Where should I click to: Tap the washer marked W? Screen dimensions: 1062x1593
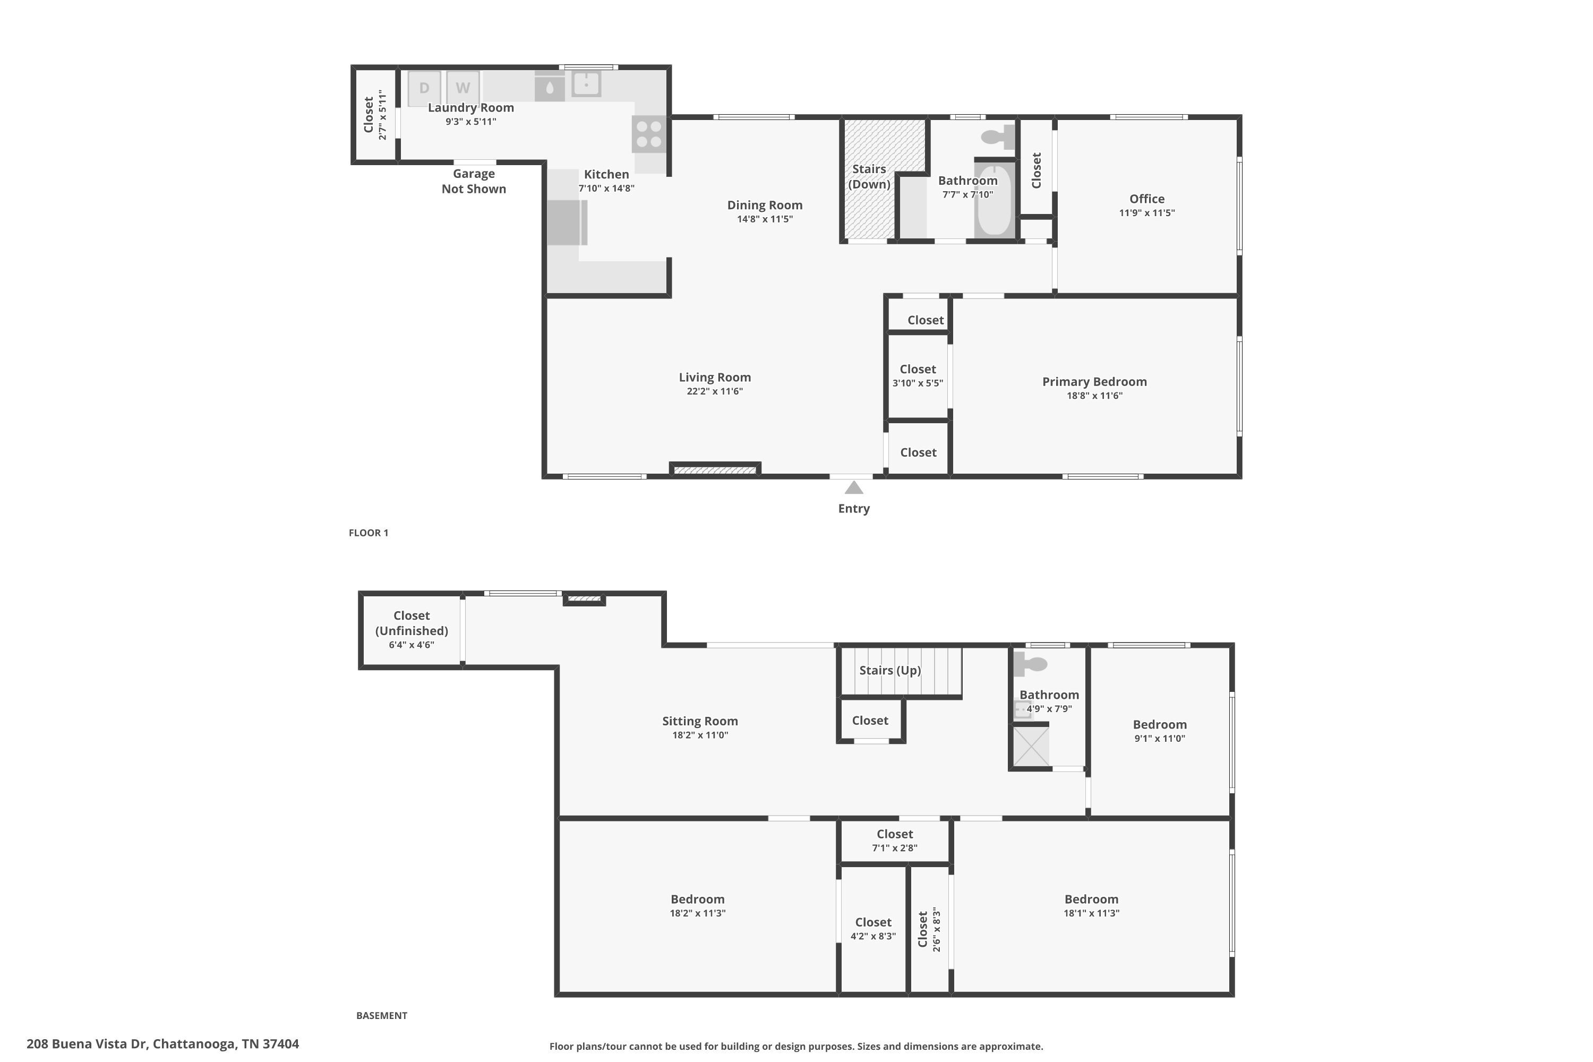[463, 88]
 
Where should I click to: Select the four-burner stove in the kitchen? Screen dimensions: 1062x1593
[649, 134]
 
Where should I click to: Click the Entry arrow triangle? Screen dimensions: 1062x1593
[853, 487]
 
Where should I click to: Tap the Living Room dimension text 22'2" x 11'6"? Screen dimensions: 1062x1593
[715, 391]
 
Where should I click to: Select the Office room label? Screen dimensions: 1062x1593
[1146, 199]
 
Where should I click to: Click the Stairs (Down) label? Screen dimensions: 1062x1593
[869, 176]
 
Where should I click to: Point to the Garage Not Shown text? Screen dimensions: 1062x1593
[474, 182]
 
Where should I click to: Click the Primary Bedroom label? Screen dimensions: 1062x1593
[1094, 381]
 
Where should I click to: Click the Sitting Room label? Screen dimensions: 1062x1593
[700, 721]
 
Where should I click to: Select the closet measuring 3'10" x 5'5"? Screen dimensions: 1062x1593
[917, 375]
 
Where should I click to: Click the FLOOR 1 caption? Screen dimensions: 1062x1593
[369, 533]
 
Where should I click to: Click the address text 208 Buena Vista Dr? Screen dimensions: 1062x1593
[162, 1044]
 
